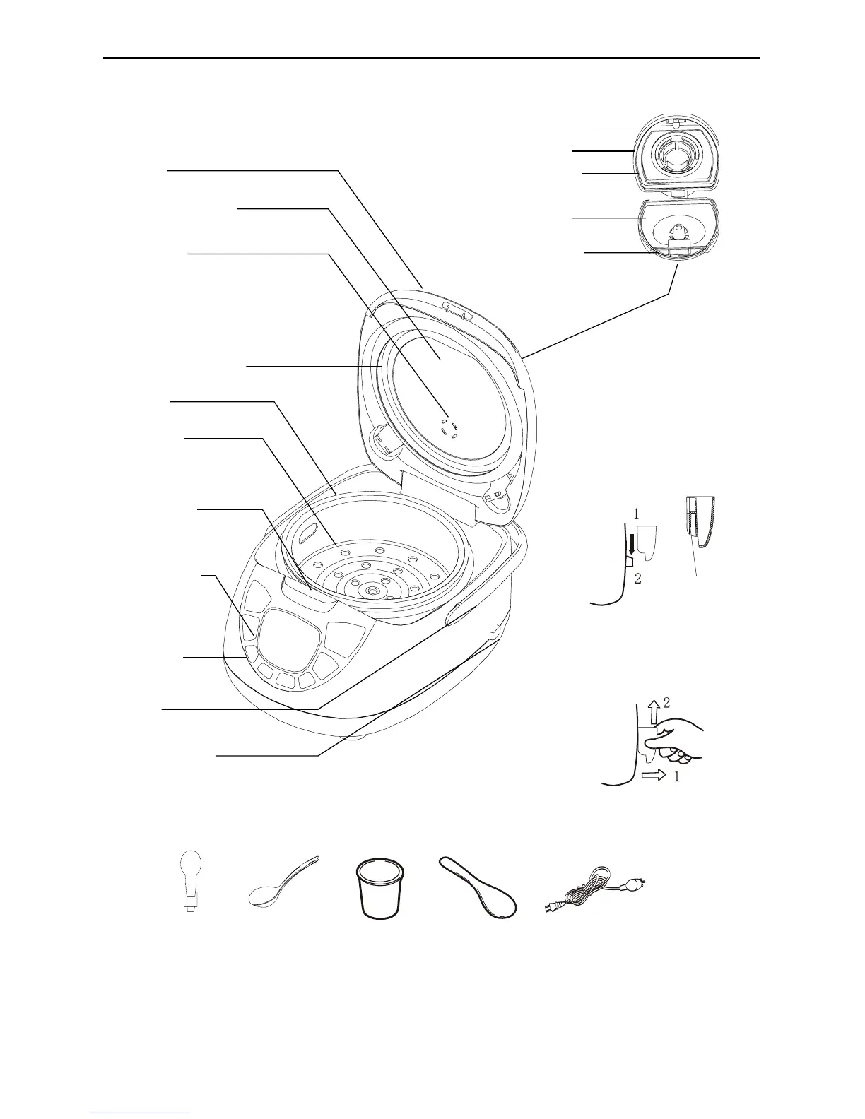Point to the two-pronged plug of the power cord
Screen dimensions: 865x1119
click(x=635, y=884)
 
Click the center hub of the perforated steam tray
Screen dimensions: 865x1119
click(x=370, y=588)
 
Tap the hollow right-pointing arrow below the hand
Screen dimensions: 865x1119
click(x=654, y=776)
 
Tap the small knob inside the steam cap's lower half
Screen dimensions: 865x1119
click(x=678, y=232)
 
